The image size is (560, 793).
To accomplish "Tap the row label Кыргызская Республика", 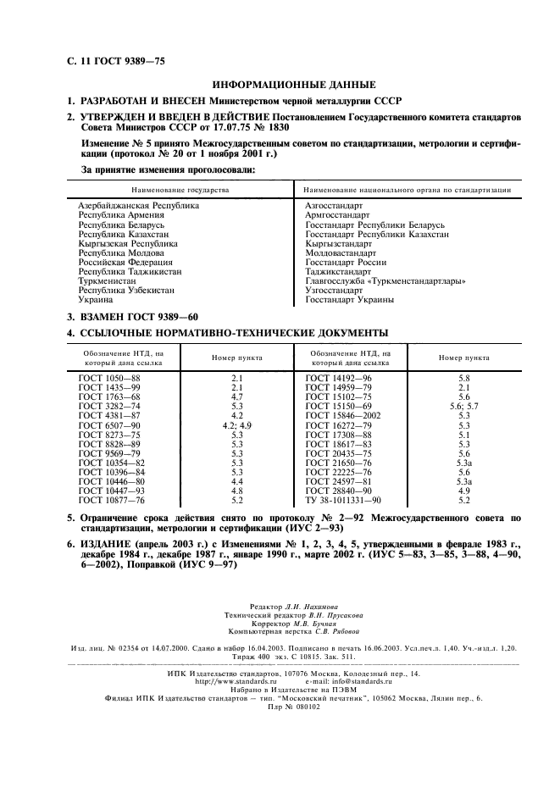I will (128, 243).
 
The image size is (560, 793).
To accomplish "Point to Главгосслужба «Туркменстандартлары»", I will (385, 280).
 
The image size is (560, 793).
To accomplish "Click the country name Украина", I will (97, 299).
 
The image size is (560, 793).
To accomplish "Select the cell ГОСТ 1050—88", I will (109, 379).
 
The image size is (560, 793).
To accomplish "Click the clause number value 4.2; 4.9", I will (237, 425).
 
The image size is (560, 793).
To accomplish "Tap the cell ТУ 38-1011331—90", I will (343, 500).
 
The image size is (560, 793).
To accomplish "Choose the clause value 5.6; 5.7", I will (463, 407).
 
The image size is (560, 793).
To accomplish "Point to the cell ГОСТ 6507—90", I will (109, 425).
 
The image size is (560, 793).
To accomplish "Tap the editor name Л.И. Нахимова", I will (300, 607).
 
